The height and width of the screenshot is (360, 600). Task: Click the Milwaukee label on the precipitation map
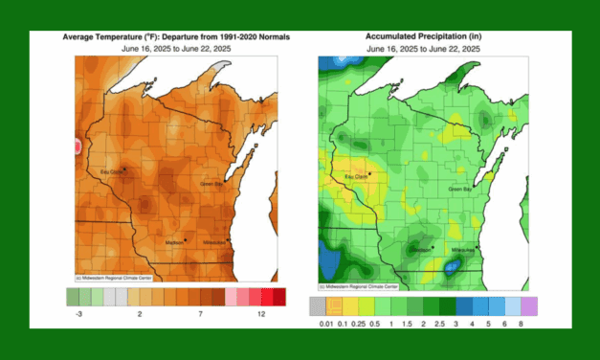[463, 249]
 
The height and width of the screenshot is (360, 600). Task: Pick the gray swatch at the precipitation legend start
[318, 306]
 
